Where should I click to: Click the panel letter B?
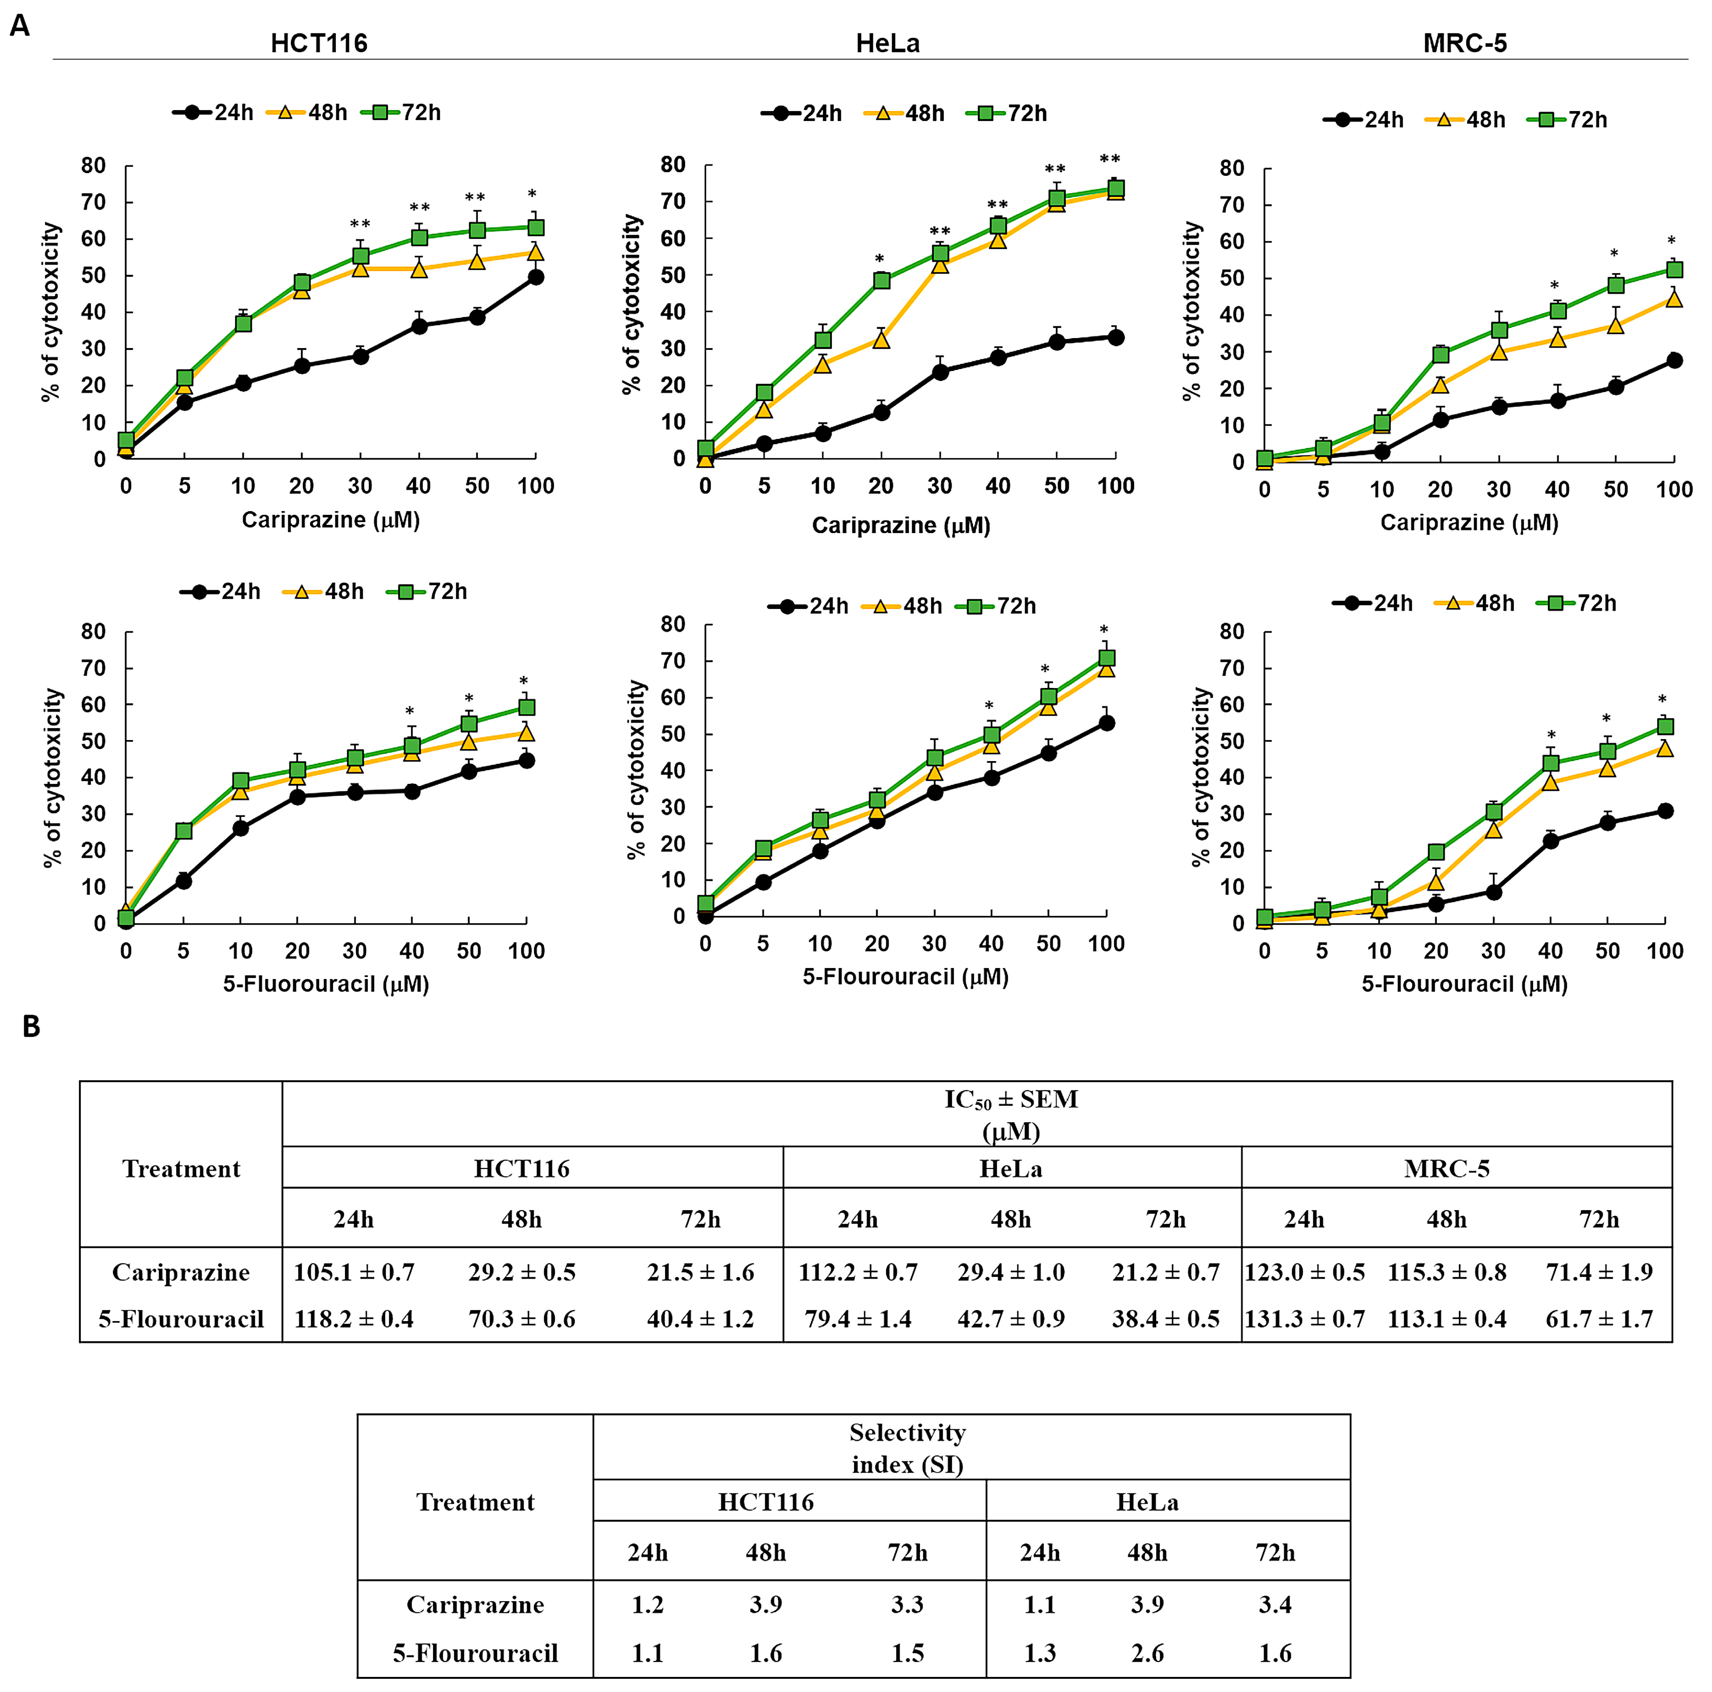click(31, 1026)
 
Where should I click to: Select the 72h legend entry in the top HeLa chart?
click(1008, 113)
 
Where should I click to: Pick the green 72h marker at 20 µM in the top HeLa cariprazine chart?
click(881, 280)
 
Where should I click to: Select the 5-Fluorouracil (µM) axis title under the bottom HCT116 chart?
click(326, 984)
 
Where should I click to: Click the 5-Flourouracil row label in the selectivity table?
click(475, 1653)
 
